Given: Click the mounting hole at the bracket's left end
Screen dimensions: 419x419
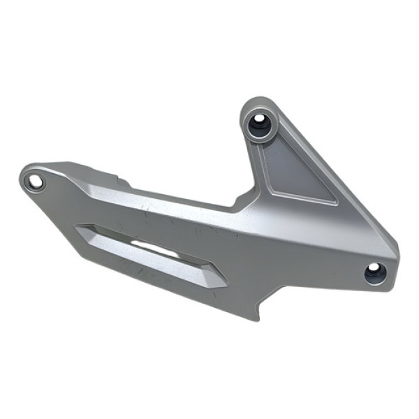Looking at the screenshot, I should pos(34,182).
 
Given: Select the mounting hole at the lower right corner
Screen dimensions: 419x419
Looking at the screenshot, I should pos(375,272).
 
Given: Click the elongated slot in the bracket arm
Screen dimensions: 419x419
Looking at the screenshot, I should pos(150,253).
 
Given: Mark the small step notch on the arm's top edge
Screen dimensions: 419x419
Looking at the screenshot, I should pos(124,183).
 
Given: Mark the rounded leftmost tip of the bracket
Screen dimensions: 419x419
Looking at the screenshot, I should pos(20,177).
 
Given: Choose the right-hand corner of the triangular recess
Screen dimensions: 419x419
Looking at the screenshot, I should pos(337,203).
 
